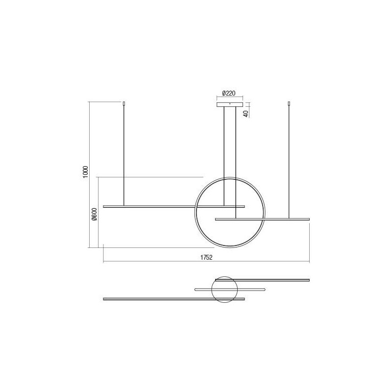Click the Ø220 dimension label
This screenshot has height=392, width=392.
(x=229, y=93)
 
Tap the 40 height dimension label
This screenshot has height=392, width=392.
(x=246, y=114)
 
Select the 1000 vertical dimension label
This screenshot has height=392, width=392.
(x=85, y=172)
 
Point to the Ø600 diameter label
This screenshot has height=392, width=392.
(x=94, y=215)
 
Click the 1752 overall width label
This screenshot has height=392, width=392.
(x=206, y=258)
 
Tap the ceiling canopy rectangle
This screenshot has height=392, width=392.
(x=230, y=104)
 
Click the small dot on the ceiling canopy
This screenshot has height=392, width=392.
(x=230, y=103)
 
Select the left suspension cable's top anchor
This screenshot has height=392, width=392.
(x=123, y=103)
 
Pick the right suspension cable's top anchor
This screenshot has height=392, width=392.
(x=289, y=103)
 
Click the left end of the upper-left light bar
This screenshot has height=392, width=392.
(x=103, y=206)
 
